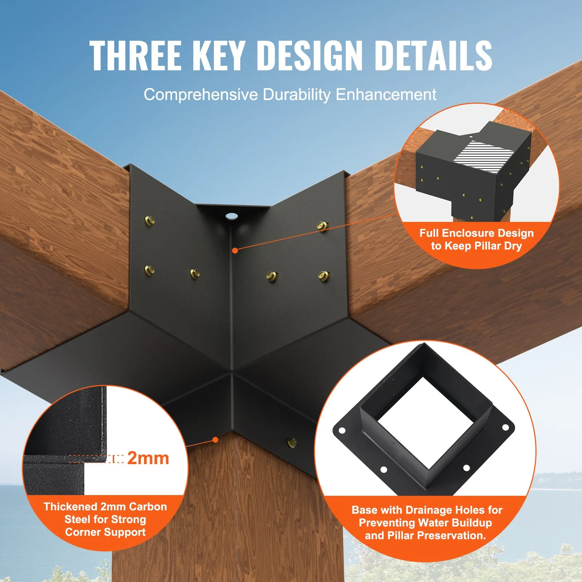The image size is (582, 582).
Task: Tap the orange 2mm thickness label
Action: (x=148, y=458)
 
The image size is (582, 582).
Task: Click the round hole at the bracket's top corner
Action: (x=231, y=216)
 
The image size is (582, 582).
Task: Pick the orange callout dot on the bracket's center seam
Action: (x=235, y=250)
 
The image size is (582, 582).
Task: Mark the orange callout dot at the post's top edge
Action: (x=215, y=440)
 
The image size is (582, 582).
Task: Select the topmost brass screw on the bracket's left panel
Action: (x=150, y=220)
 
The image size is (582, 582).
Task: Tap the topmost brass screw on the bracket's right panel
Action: (x=323, y=226)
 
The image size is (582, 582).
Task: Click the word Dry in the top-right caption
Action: (x=513, y=246)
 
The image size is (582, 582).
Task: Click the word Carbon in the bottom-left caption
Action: (x=148, y=507)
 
